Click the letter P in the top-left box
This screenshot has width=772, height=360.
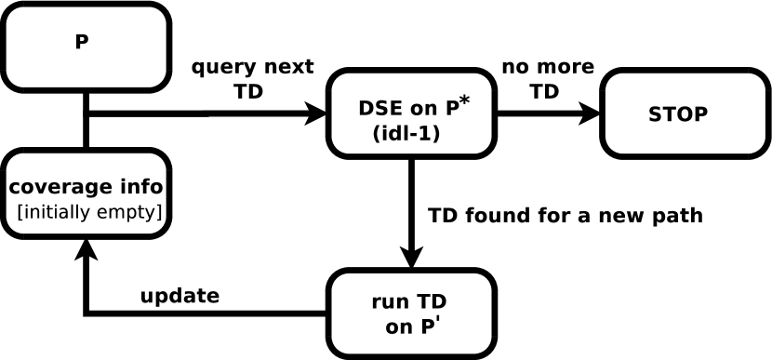point(82,42)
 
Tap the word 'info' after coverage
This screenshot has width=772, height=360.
point(140,187)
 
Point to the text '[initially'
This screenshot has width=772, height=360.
point(51,212)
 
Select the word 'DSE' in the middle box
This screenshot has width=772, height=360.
point(380,108)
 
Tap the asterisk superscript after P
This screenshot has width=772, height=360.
point(464,100)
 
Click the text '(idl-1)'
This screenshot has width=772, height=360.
point(406,133)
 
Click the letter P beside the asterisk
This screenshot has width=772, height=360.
point(451,108)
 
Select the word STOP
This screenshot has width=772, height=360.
point(677,114)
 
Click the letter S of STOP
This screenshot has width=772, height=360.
point(655,114)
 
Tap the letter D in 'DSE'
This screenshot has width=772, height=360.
point(366,108)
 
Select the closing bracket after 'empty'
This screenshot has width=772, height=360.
point(160,213)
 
